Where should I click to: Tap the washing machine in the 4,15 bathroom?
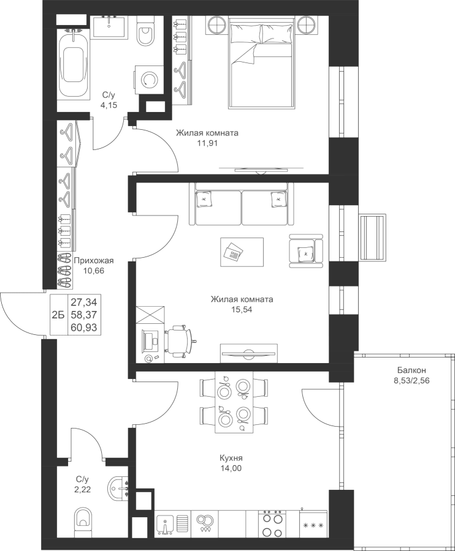149,80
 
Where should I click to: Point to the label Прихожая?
94,260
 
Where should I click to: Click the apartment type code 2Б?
58,315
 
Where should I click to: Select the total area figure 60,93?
84,328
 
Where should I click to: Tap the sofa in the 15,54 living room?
242,204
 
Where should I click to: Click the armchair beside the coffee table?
306,250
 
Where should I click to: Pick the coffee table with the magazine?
242,252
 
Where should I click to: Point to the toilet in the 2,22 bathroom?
84,519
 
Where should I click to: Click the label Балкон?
411,370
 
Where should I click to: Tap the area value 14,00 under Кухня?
231,468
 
